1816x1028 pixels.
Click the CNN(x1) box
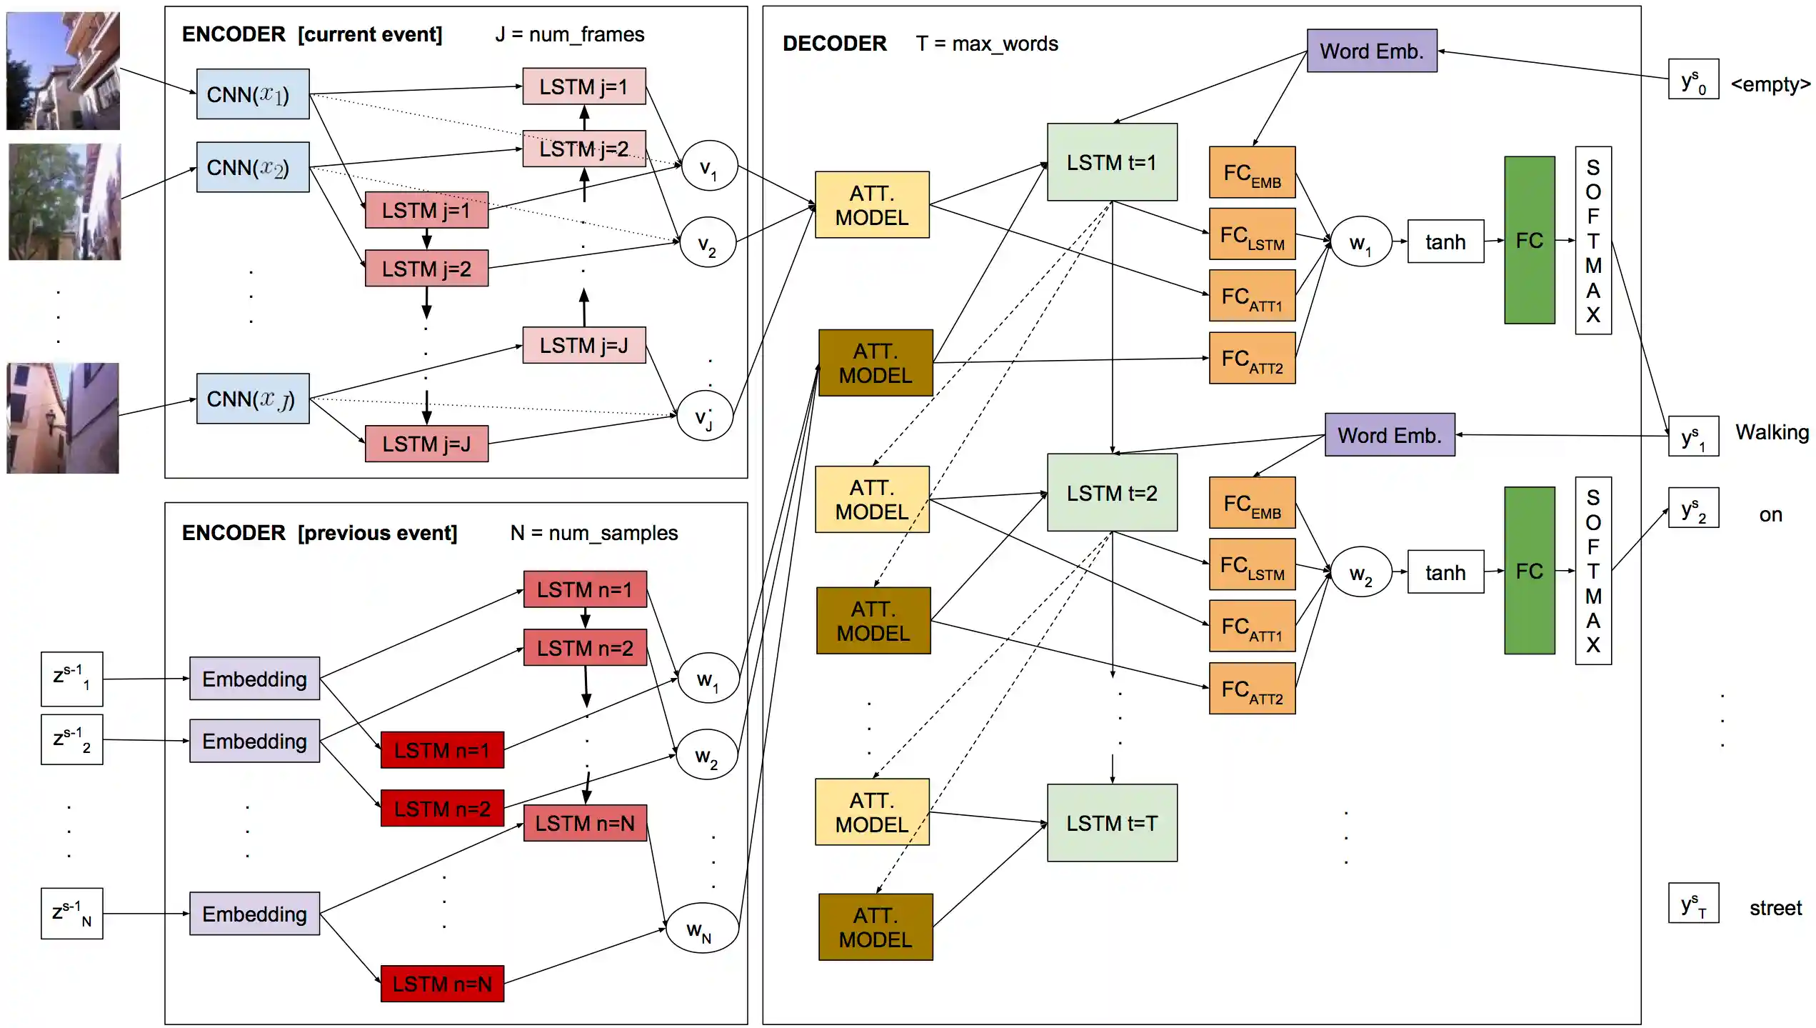(253, 94)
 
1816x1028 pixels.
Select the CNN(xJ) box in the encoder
(253, 399)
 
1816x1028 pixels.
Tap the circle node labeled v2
(707, 243)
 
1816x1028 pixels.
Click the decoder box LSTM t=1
(1111, 162)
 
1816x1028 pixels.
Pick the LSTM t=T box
(1111, 823)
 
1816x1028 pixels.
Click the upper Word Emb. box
(1371, 51)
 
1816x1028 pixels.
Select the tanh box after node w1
(1445, 241)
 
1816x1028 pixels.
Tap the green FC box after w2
(1529, 570)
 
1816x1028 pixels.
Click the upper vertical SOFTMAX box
(1592, 240)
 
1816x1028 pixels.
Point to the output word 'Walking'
(1772, 432)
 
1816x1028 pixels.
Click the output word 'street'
(1775, 908)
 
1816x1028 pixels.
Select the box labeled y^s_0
(1692, 80)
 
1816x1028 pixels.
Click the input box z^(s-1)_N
(71, 913)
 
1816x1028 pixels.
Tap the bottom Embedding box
(254, 914)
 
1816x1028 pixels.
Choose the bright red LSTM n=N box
(442, 984)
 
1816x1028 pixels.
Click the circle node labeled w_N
(701, 928)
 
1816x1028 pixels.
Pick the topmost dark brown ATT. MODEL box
(875, 363)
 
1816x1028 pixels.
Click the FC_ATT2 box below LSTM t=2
(1251, 689)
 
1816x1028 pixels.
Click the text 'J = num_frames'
(569, 34)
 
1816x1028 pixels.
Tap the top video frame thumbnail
(63, 70)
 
